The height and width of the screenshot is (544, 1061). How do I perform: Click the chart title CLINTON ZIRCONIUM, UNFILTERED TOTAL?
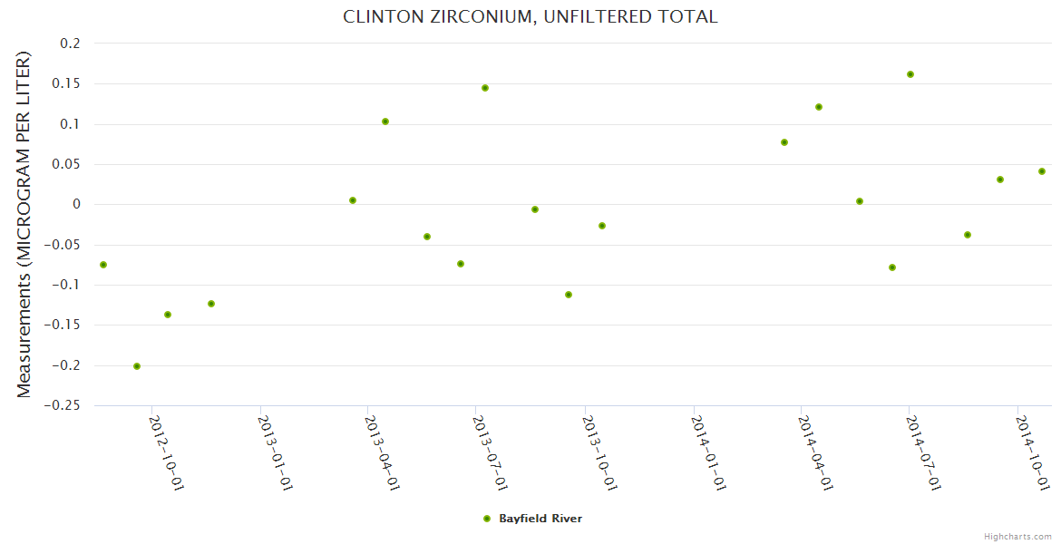(x=530, y=16)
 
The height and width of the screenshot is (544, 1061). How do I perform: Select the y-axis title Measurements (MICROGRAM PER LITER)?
(x=24, y=224)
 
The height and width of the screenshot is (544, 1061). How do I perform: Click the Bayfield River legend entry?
(x=540, y=519)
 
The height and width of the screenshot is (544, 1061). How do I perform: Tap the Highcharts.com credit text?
(x=1017, y=536)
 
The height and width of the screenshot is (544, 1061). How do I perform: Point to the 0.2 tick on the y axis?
(x=71, y=44)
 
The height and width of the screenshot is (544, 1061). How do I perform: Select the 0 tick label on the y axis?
(x=76, y=205)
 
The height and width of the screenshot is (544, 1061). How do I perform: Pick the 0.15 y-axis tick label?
(x=67, y=83)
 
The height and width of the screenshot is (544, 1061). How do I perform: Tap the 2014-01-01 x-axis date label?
(x=708, y=452)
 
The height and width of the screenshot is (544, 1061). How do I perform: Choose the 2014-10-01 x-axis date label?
(x=1033, y=452)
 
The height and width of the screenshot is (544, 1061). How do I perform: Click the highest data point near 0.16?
(x=910, y=74)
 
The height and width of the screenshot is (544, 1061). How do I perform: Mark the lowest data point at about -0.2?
(x=137, y=366)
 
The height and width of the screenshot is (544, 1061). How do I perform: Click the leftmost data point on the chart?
(x=103, y=265)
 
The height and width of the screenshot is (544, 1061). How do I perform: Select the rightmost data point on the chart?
(x=1042, y=171)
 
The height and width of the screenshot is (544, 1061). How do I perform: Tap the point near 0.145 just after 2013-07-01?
(x=485, y=88)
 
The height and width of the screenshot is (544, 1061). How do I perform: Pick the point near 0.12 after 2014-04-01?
(x=819, y=107)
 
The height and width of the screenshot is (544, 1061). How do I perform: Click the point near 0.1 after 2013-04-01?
(x=385, y=121)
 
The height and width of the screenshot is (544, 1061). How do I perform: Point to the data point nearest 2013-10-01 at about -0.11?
(x=569, y=295)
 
